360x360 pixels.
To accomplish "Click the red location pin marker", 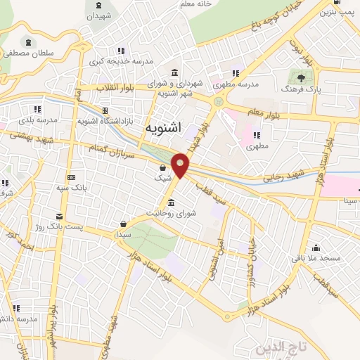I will pyautogui.click(x=181, y=164).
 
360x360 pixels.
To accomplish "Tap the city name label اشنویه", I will pyautogui.click(x=166, y=128).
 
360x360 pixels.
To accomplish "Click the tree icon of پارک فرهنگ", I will pyautogui.click(x=302, y=78).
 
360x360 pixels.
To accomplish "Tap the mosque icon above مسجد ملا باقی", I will pyautogui.click(x=316, y=247).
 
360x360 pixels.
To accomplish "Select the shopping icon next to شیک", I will pyautogui.click(x=163, y=167).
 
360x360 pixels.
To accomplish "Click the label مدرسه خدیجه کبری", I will pyautogui.click(x=121, y=61).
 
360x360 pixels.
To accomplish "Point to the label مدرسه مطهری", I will pyautogui.click(x=240, y=83).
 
